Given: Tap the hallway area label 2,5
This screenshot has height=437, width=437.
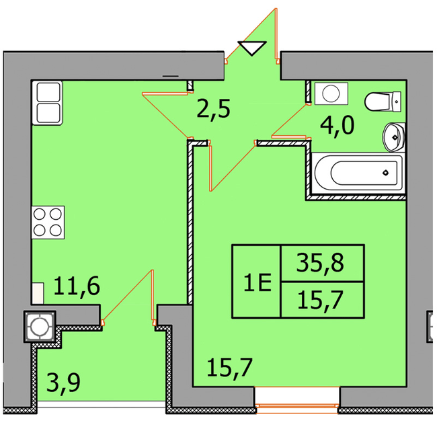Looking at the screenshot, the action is (x=214, y=109).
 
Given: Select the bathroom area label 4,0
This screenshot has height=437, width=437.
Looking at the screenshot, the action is (x=337, y=126).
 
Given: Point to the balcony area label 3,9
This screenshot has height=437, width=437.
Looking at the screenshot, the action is (x=64, y=383).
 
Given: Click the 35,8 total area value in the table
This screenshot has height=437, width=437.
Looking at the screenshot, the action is (x=320, y=263).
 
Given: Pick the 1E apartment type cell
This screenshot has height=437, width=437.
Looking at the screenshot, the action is (x=257, y=282).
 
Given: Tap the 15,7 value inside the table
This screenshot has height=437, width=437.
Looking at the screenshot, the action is (x=320, y=300).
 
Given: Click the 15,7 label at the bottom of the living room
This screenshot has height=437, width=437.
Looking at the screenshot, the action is (x=230, y=368).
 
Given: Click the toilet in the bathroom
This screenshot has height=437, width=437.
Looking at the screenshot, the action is (x=383, y=102).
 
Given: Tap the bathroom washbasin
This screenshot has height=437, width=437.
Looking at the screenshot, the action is (x=394, y=137).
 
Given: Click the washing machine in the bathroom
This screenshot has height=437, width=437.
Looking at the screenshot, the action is (x=331, y=93).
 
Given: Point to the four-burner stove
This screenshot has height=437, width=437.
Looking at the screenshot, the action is (x=48, y=223).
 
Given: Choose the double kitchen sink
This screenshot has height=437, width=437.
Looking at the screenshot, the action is (x=47, y=103).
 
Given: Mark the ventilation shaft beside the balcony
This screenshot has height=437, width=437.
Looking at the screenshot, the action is (x=40, y=327).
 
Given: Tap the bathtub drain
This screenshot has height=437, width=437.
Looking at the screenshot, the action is (x=385, y=173).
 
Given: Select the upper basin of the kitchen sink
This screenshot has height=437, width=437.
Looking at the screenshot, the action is (x=48, y=92).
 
